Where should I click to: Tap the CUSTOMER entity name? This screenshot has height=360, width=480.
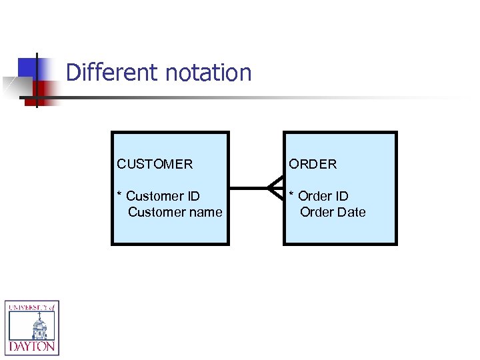coord(155,164)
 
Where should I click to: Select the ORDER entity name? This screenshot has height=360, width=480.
coord(313,164)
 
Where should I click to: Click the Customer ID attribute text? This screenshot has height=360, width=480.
coord(163,196)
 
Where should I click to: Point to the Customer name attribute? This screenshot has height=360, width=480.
coord(175,212)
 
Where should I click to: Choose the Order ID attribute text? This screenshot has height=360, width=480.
coord(323,196)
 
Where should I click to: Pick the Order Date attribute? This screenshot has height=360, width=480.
coord(333,212)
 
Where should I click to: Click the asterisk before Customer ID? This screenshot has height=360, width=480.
coord(119,195)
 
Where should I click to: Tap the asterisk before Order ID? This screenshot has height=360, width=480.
coord(291,195)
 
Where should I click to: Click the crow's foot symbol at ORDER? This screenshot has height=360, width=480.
coord(275,188)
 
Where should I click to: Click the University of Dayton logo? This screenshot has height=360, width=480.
coord(32,327)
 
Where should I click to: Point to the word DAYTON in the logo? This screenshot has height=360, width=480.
coord(32,347)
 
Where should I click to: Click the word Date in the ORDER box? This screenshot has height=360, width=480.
coord(351,212)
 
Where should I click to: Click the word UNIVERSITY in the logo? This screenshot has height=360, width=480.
coord(27,307)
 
